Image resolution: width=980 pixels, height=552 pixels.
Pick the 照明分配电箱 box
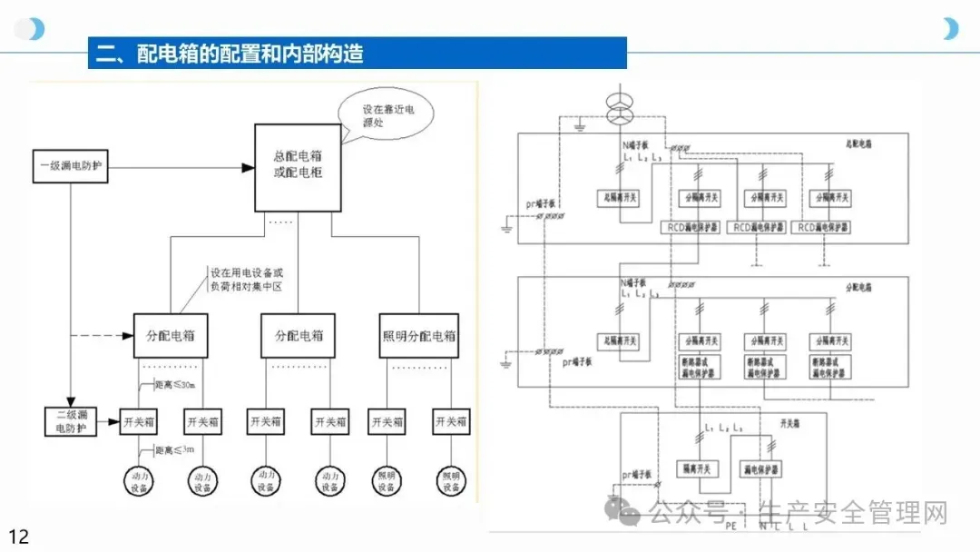(418, 336)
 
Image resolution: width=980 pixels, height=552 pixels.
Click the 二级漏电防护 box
(70, 422)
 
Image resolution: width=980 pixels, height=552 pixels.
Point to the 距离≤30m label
(174, 385)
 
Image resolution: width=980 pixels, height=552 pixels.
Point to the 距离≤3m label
(174, 450)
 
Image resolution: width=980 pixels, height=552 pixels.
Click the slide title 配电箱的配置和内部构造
(250, 54)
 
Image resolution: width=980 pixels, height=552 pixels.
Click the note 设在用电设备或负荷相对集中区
(247, 277)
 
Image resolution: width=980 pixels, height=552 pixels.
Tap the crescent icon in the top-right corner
(950, 28)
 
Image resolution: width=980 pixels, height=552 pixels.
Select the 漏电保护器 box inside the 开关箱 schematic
(760, 469)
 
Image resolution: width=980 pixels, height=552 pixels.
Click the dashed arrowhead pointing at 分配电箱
(126, 336)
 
